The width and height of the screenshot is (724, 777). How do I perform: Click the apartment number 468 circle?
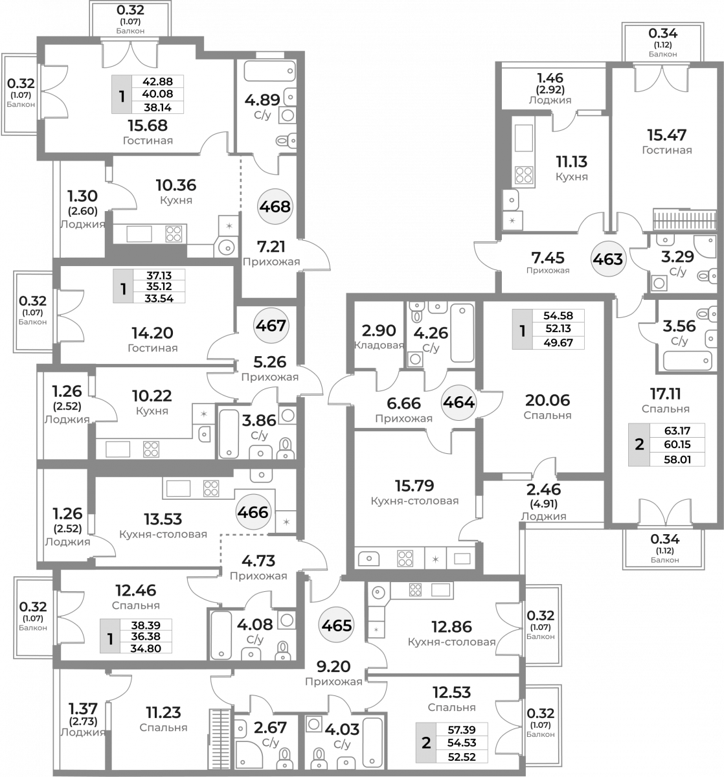coord(275,207)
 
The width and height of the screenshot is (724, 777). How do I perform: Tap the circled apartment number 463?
coord(608,258)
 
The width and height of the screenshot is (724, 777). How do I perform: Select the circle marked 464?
coord(458,402)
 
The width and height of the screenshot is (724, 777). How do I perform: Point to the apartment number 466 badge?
coord(253,512)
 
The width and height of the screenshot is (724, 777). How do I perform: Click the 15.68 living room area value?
coord(148,126)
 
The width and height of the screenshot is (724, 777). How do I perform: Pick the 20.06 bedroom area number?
coord(547,400)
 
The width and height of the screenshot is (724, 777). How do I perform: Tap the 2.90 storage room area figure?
coord(379,331)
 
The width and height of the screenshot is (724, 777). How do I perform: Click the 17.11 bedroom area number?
coord(665,394)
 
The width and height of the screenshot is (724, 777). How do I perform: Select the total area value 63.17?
coord(677,431)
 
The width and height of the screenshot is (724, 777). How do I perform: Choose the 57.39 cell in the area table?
coord(462,730)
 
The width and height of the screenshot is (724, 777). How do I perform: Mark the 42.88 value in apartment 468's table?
coord(158,82)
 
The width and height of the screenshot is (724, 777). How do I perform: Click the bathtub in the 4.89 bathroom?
coord(269,71)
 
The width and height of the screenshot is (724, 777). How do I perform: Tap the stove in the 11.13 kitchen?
coord(523,175)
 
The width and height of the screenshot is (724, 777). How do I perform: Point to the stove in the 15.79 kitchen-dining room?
coord(405,558)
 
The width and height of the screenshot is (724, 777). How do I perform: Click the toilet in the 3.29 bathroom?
coord(707,276)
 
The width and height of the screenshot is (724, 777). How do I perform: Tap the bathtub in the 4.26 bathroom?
coord(462,333)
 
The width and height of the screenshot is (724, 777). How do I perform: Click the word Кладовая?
coord(379,345)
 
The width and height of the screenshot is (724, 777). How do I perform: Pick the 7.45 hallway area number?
coord(547,258)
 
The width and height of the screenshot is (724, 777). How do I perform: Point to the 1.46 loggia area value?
coord(550,78)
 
